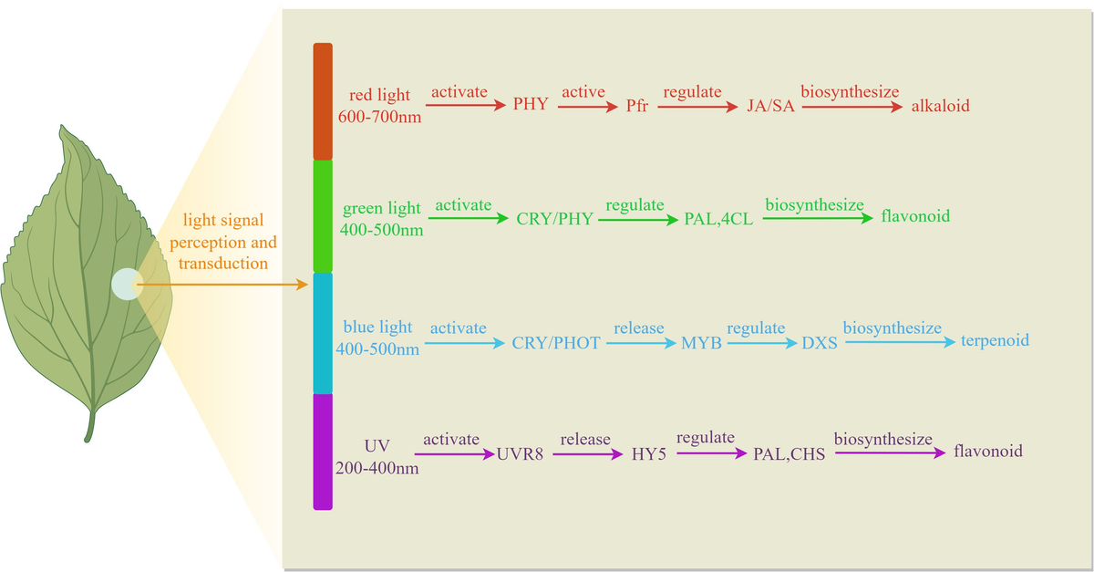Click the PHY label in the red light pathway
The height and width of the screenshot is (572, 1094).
[531, 104]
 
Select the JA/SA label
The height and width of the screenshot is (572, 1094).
[769, 106]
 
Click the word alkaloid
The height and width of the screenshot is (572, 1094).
[940, 106]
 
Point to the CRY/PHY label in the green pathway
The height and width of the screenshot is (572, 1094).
[554, 220]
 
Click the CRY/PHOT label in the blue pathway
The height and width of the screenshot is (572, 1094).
[556, 343]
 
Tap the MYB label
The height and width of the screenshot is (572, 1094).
[701, 343]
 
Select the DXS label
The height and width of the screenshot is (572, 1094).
[820, 344]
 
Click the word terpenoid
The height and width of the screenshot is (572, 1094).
[995, 340]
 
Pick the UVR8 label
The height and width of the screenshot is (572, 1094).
[521, 452]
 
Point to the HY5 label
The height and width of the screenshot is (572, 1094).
[649, 452]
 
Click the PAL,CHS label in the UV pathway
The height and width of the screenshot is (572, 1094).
[789, 452]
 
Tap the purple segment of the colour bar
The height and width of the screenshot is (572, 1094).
[323, 451]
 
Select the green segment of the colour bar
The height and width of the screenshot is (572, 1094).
[323, 215]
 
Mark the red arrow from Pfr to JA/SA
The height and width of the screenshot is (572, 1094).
[697, 106]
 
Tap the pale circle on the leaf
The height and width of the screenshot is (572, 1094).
[126, 284]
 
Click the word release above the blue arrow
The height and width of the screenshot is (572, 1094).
[638, 328]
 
